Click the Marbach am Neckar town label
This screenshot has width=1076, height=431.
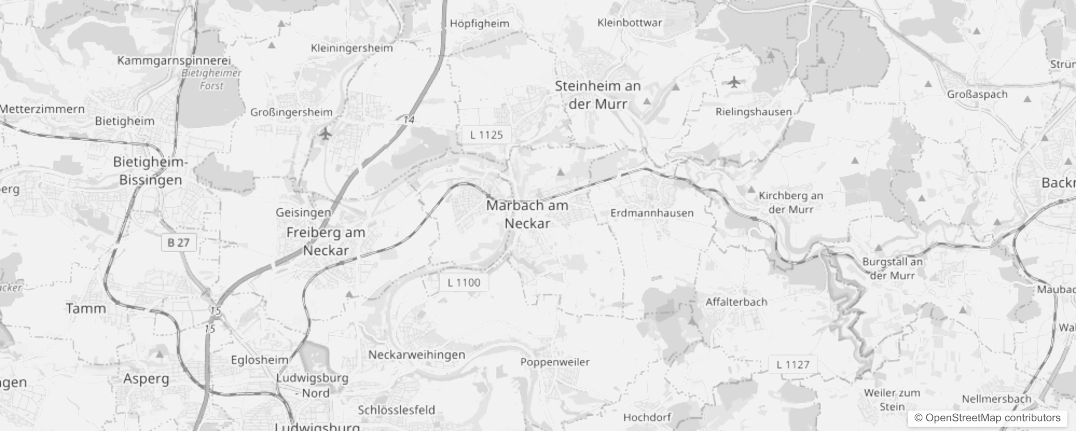pyautogui.click(x=527, y=214)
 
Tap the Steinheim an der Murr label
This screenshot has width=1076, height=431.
pyautogui.click(x=598, y=95)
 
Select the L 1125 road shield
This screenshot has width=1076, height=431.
pyautogui.click(x=486, y=135)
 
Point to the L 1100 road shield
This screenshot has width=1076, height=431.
pyautogui.click(x=464, y=282)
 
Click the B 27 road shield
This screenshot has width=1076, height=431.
pyautogui.click(x=178, y=242)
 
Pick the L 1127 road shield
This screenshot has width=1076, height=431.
pyautogui.click(x=792, y=365)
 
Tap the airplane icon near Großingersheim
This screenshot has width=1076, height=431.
pyautogui.click(x=325, y=133)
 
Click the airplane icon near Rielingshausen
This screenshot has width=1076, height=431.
pyautogui.click(x=734, y=82)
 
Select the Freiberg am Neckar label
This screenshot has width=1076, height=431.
pyautogui.click(x=326, y=241)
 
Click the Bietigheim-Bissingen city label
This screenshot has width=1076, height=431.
pyautogui.click(x=150, y=171)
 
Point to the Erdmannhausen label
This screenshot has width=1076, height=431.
pyautogui.click(x=652, y=213)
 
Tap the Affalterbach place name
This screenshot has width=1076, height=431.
pyautogui.click(x=736, y=302)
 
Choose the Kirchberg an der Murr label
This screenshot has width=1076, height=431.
pyautogui.click(x=790, y=202)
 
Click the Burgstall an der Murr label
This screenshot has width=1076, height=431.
pyautogui.click(x=892, y=268)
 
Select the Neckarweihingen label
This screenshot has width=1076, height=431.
pyautogui.click(x=416, y=354)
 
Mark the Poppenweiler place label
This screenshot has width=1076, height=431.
pyautogui.click(x=555, y=362)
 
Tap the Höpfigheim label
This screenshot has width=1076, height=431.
pyautogui.click(x=479, y=23)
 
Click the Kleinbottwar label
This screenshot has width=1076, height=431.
pyautogui.click(x=629, y=23)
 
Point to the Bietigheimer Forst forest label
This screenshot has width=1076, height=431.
pyautogui.click(x=211, y=79)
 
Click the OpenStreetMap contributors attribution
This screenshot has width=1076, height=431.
pyautogui.click(x=987, y=418)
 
